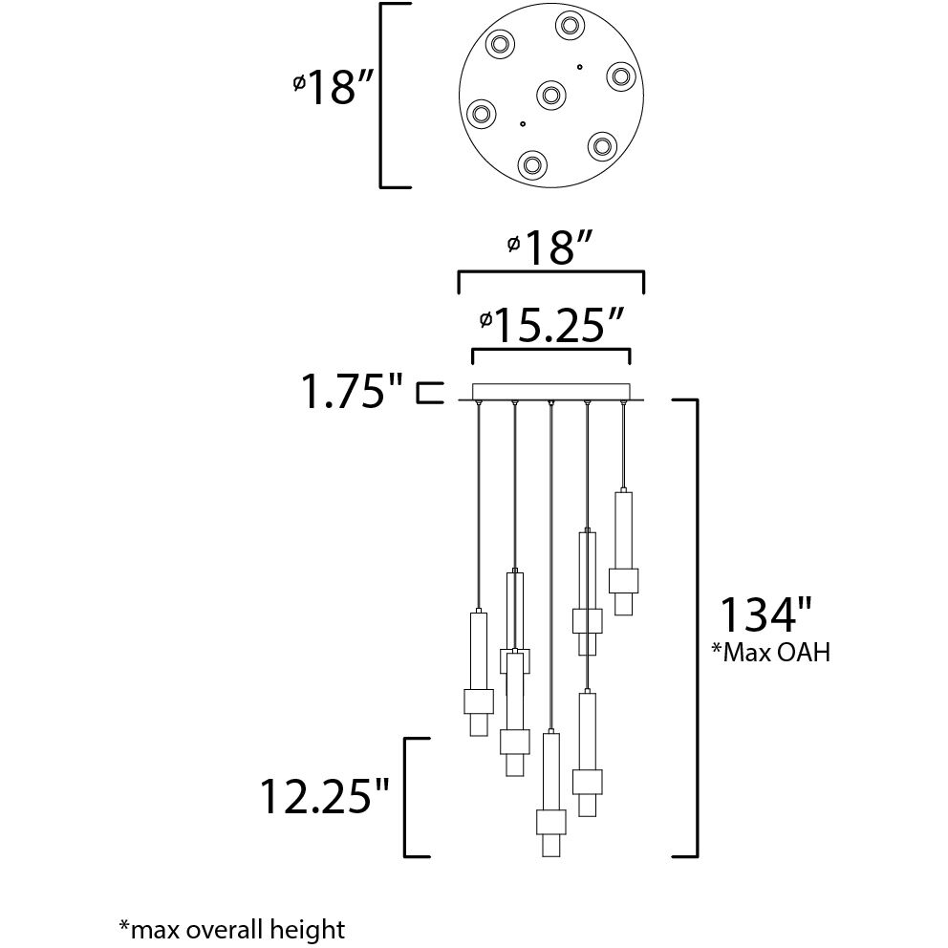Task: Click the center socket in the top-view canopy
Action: tap(550, 94)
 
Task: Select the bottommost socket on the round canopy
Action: tap(532, 164)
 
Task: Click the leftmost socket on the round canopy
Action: tap(481, 116)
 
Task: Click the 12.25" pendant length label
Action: tap(326, 796)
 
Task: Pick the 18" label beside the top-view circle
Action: tap(331, 89)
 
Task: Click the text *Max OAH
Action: tap(770, 653)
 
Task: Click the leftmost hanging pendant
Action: tap(478, 674)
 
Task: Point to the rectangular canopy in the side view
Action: tap(551, 392)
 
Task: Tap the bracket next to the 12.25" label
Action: tap(411, 796)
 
